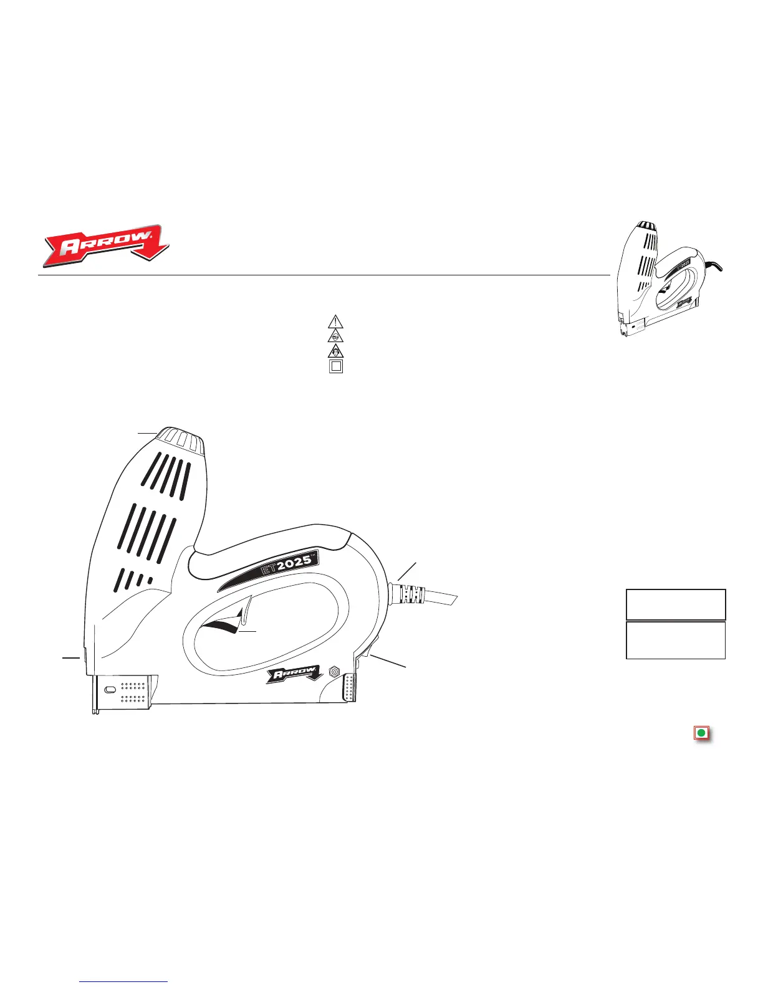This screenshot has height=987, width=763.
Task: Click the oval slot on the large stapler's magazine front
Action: point(110,690)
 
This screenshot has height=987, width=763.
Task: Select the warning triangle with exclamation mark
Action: point(336,322)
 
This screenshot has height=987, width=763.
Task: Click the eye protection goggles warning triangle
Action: point(336,336)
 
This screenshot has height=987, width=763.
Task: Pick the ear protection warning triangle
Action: point(336,351)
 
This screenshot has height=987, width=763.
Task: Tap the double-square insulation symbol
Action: point(336,366)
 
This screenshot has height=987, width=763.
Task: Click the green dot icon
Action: point(701,733)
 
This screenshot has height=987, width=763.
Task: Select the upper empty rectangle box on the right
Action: point(676,604)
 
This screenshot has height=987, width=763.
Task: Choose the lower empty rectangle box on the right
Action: point(676,640)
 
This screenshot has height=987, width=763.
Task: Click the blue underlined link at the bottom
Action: point(124,982)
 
